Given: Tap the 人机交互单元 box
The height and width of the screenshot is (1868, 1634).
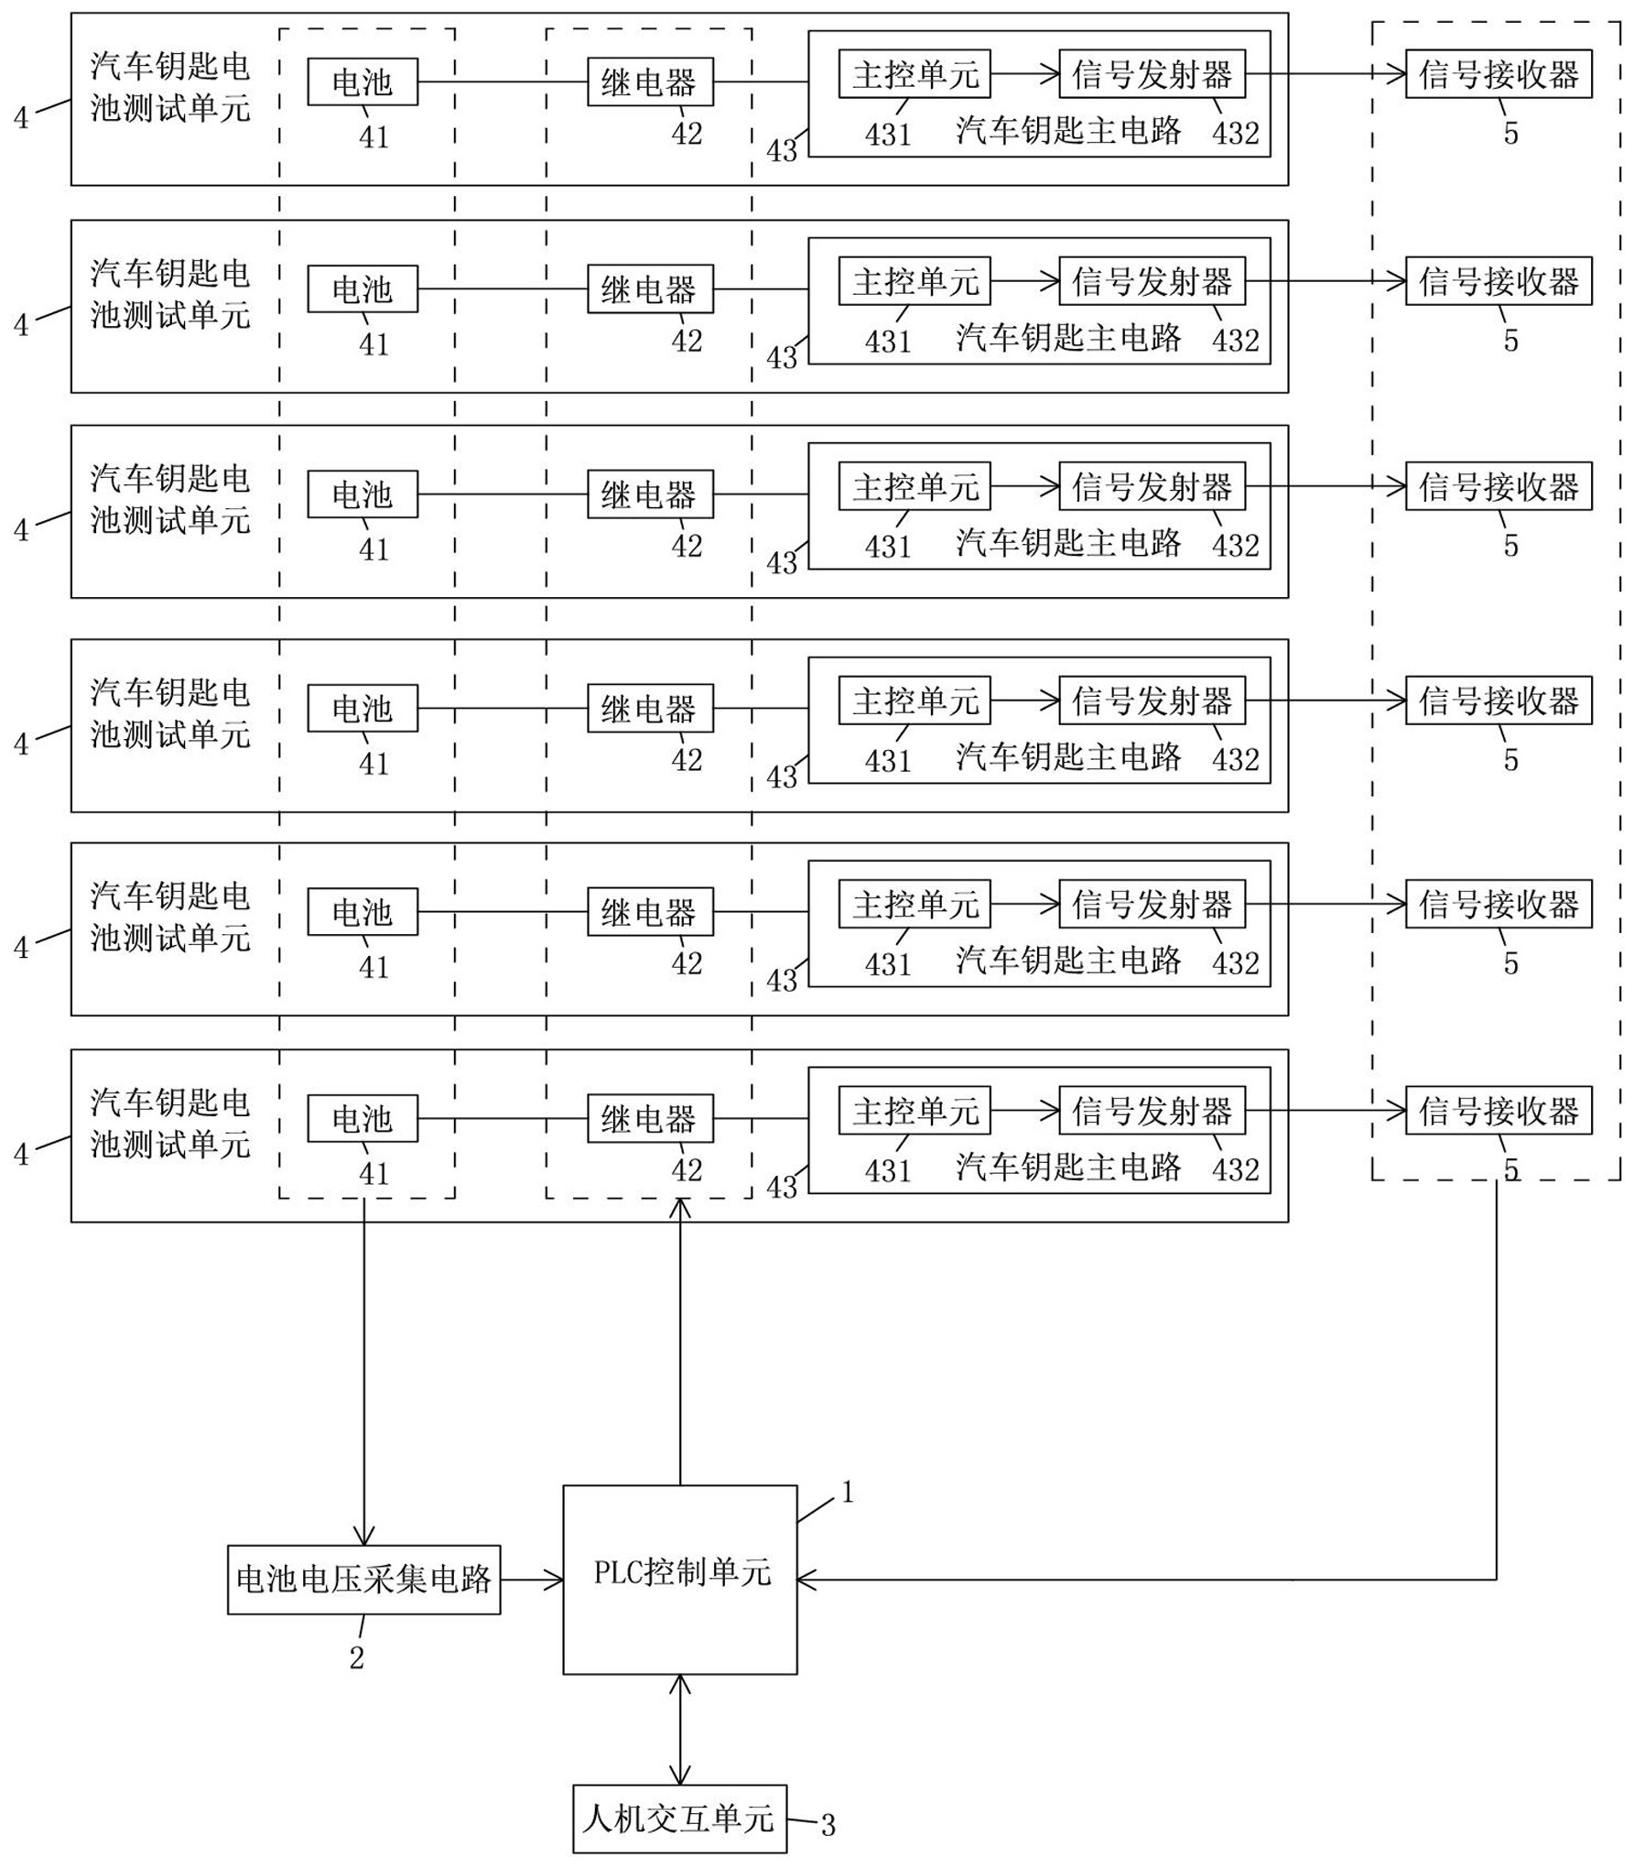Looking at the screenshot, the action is click(679, 1819).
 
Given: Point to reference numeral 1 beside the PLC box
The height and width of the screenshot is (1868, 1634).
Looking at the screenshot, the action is click(848, 1493).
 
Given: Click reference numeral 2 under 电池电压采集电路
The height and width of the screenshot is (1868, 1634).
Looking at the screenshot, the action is click(357, 1657).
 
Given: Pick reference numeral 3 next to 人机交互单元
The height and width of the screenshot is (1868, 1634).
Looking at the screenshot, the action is click(828, 1825).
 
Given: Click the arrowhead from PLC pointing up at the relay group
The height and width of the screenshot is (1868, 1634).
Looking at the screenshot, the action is click(680, 1208).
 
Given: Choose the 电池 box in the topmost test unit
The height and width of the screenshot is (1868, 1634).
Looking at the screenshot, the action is click(363, 82).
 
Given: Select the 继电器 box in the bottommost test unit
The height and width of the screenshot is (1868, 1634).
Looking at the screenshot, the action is click(650, 1118).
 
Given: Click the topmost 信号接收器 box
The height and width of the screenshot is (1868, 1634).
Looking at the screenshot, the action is click(1499, 74).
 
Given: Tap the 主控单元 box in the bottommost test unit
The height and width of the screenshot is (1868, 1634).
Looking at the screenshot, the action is click(914, 1111).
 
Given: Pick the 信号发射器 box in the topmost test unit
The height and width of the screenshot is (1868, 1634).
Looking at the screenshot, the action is click(1152, 74).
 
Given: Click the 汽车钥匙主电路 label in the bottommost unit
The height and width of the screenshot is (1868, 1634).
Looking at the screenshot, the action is click(1068, 1167).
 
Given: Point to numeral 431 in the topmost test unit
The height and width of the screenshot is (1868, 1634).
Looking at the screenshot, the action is click(888, 135).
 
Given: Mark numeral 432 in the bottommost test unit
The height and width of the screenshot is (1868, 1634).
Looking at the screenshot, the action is click(1236, 1169).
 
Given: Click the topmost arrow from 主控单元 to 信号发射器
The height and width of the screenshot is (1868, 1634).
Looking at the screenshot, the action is click(1024, 74).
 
